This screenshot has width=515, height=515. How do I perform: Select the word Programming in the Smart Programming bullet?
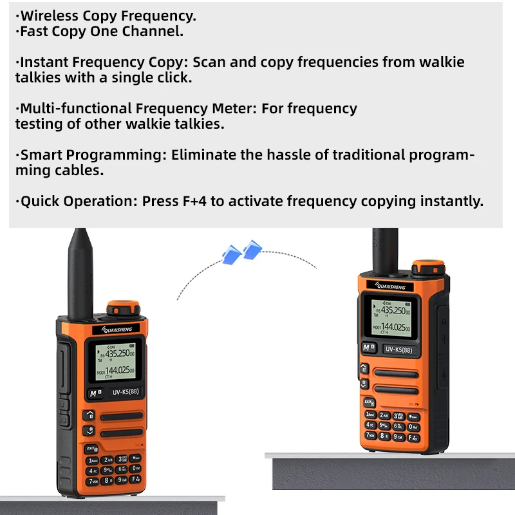[x=108, y=155]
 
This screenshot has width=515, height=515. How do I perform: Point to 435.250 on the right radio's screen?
[x=394, y=310]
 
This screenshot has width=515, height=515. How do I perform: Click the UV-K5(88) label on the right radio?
[x=398, y=350]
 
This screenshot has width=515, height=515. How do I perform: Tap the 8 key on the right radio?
[x=384, y=436]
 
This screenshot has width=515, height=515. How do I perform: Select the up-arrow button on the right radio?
[x=364, y=369]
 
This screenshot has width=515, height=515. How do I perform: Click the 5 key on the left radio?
[x=108, y=471]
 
